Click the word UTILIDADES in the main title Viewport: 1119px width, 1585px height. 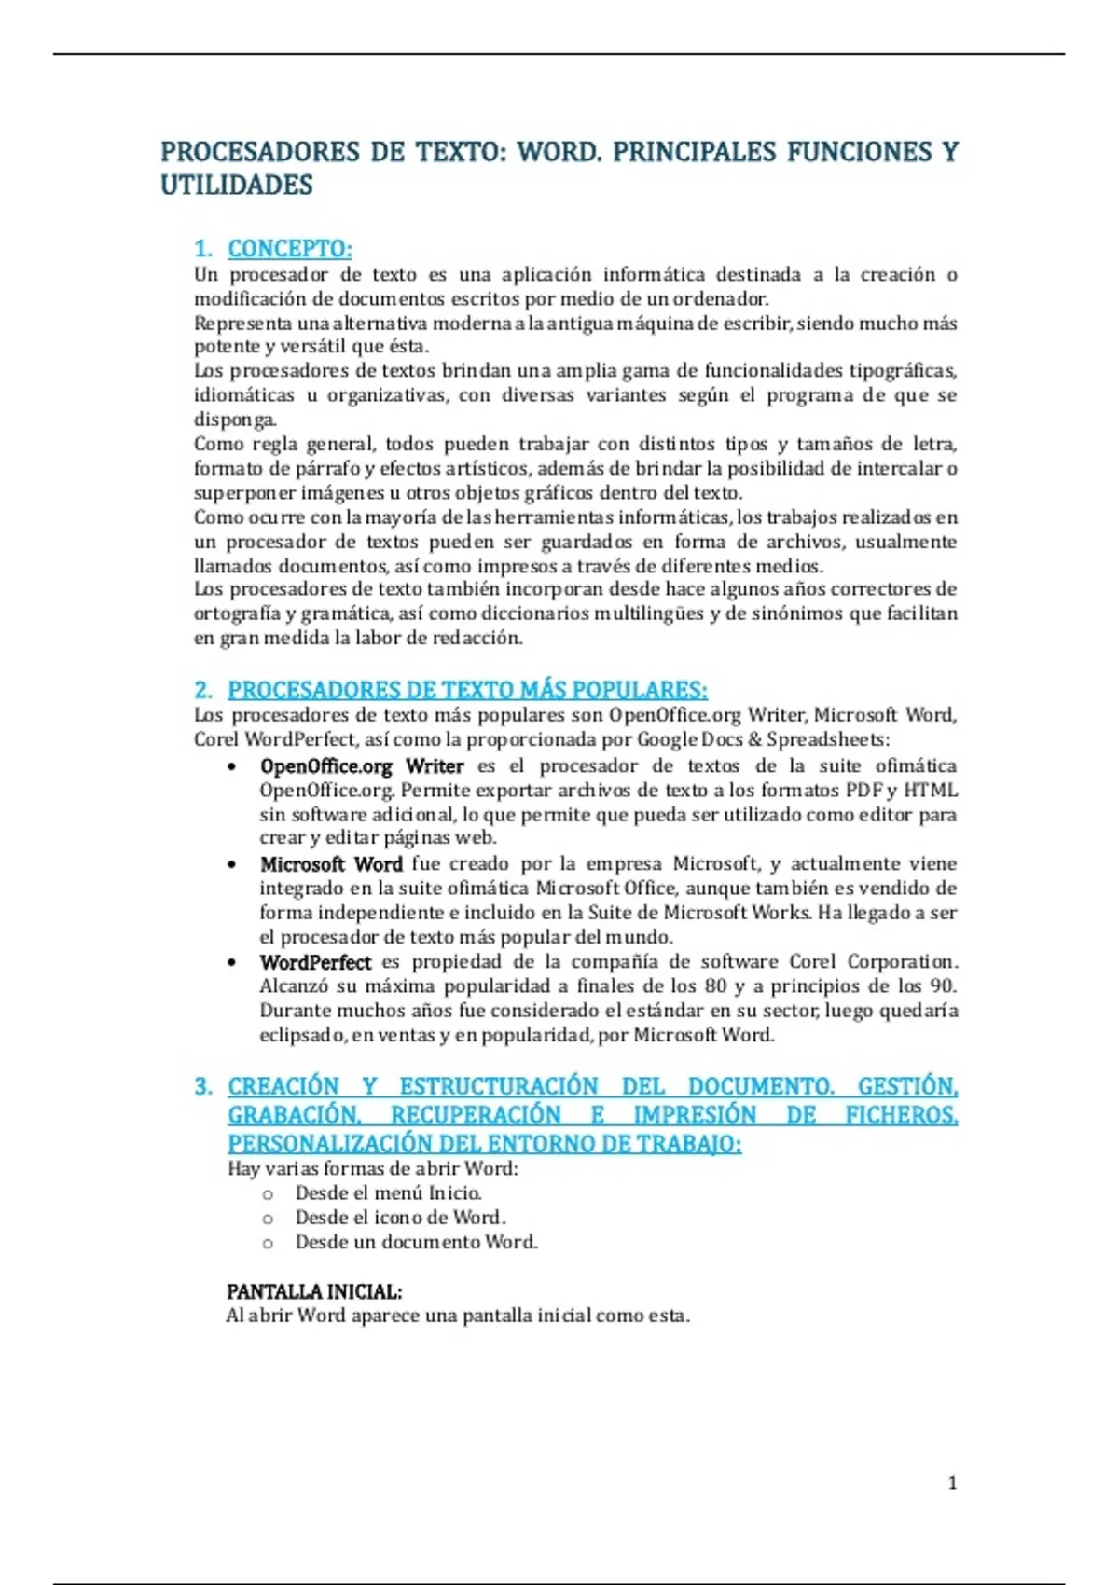tap(237, 185)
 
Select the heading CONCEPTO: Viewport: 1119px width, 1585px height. tap(290, 249)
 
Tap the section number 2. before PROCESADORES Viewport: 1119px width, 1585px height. tap(203, 690)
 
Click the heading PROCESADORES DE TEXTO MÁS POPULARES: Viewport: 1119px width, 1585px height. tap(467, 690)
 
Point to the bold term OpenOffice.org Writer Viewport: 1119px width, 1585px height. tap(361, 766)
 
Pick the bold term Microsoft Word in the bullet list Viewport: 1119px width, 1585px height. tap(331, 864)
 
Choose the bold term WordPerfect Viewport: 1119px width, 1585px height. tap(315, 962)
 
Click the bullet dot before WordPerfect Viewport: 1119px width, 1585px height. tap(231, 962)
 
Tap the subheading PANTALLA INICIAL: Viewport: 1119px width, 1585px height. tap(314, 1291)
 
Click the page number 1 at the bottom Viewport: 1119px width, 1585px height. tap(952, 1482)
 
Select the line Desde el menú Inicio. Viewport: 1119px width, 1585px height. tap(388, 1192)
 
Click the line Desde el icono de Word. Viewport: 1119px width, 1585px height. tap(400, 1217)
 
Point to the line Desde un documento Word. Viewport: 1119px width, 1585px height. tap(416, 1242)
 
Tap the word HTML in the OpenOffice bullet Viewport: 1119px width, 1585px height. tap(931, 791)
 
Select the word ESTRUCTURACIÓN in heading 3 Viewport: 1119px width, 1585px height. tap(499, 1086)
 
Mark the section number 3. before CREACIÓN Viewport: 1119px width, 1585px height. tap(203, 1086)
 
